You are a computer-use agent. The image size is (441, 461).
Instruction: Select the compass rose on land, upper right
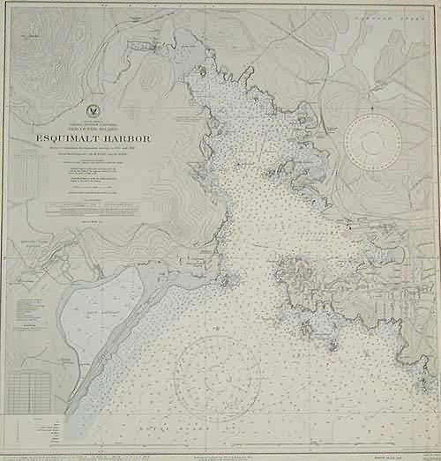point(372,140)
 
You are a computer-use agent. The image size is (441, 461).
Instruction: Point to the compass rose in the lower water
point(217,378)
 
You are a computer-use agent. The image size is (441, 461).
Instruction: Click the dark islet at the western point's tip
point(228,281)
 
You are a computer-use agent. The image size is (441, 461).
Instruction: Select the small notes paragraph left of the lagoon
point(35,313)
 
